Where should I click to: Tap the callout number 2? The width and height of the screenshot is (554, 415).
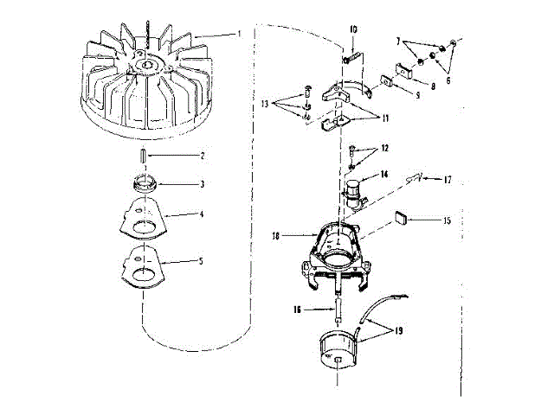pos(203,156)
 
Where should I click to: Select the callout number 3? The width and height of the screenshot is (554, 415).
pos(203,184)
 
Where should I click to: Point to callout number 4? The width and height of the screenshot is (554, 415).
pos(203,214)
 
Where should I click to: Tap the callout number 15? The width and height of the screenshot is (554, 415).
pos(447,220)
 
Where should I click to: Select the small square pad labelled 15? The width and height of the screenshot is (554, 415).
pos(401,219)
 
